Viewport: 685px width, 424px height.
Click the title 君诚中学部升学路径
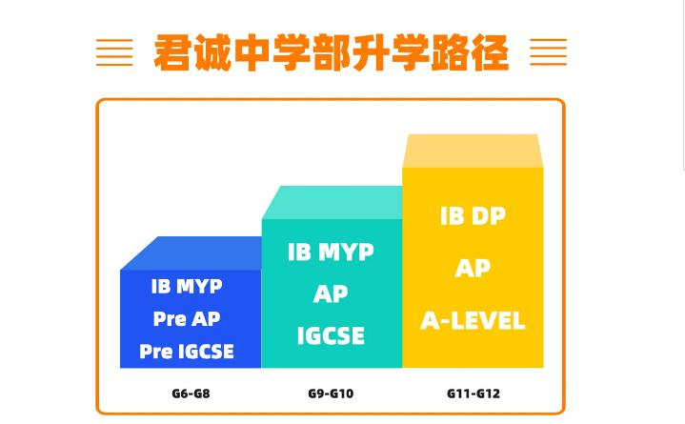[332, 52]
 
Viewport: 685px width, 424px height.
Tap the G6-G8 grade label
[191, 394]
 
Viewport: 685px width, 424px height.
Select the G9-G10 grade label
[331, 394]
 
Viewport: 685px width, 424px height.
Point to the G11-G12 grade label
[473, 394]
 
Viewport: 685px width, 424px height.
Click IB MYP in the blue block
[187, 286]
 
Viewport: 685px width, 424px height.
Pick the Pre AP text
[187, 318]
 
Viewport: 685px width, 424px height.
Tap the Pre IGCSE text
[187, 352]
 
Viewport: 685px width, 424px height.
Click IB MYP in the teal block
[331, 252]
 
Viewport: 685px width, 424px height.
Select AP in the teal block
[331, 293]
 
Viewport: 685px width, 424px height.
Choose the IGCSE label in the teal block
[331, 335]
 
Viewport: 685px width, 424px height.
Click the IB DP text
[473, 216]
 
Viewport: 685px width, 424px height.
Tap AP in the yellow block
[473, 268]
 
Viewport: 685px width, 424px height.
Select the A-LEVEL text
[473, 320]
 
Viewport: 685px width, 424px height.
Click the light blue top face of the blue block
[192, 253]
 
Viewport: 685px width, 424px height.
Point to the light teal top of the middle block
[332, 202]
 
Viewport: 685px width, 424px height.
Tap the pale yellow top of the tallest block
[473, 151]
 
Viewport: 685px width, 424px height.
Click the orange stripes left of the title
[114, 52]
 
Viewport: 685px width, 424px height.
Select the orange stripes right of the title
[548, 52]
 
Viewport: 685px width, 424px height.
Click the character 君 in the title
[173, 52]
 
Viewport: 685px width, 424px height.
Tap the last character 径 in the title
[490, 52]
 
